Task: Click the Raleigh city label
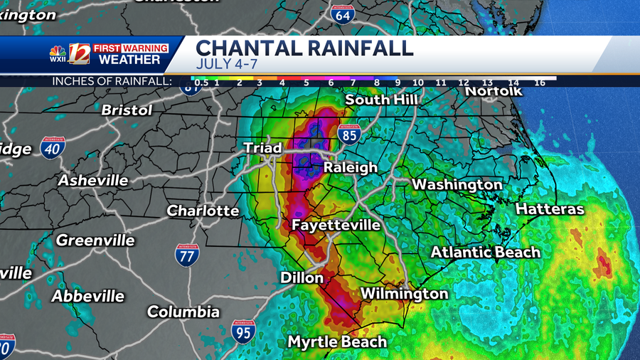(x=351, y=168)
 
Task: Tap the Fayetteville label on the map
(x=336, y=226)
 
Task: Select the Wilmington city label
(x=404, y=293)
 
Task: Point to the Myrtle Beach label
(x=337, y=342)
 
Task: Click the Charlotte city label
(x=203, y=211)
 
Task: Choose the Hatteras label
(x=549, y=209)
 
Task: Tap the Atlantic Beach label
(x=485, y=252)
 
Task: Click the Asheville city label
(x=93, y=181)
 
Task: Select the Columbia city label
(x=183, y=312)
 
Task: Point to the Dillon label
(x=302, y=277)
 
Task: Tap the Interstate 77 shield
(x=187, y=255)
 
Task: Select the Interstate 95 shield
(x=243, y=332)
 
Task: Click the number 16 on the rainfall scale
(x=540, y=83)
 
